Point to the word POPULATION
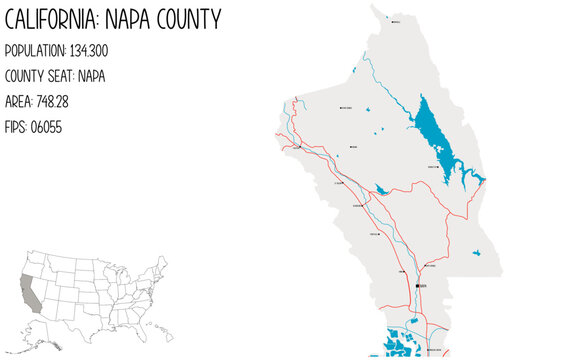(37, 50)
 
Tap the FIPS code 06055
(47, 128)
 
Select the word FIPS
(16, 128)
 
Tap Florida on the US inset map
(136, 326)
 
